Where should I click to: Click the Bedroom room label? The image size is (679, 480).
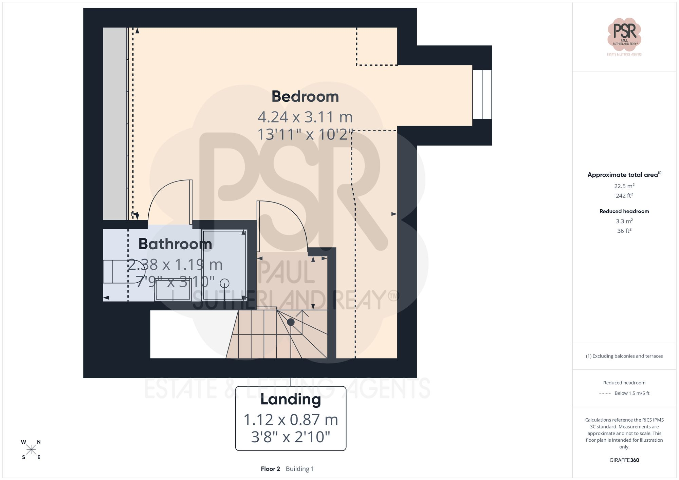(x=305, y=97)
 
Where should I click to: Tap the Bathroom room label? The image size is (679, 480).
(x=175, y=244)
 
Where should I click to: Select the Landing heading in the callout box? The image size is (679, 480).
(x=291, y=400)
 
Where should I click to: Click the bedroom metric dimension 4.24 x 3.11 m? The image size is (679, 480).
(x=305, y=117)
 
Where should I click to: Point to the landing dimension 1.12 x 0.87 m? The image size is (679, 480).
(x=291, y=420)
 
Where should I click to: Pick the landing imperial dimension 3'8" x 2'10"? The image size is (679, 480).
(x=291, y=437)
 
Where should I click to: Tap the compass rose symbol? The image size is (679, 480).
(x=31, y=450)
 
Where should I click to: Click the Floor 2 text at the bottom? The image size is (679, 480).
(x=270, y=469)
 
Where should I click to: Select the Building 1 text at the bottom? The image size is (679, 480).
(x=300, y=469)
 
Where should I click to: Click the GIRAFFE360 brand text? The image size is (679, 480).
(x=624, y=460)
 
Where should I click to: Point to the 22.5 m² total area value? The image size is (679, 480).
(x=624, y=186)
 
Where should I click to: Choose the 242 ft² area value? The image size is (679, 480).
(x=624, y=195)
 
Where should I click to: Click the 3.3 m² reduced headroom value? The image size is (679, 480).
(x=624, y=221)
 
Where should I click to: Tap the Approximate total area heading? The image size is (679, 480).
(x=624, y=175)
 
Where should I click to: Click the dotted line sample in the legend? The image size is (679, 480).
(x=605, y=393)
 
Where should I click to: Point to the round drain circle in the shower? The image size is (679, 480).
(x=224, y=283)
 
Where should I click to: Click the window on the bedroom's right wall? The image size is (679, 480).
(x=482, y=95)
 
